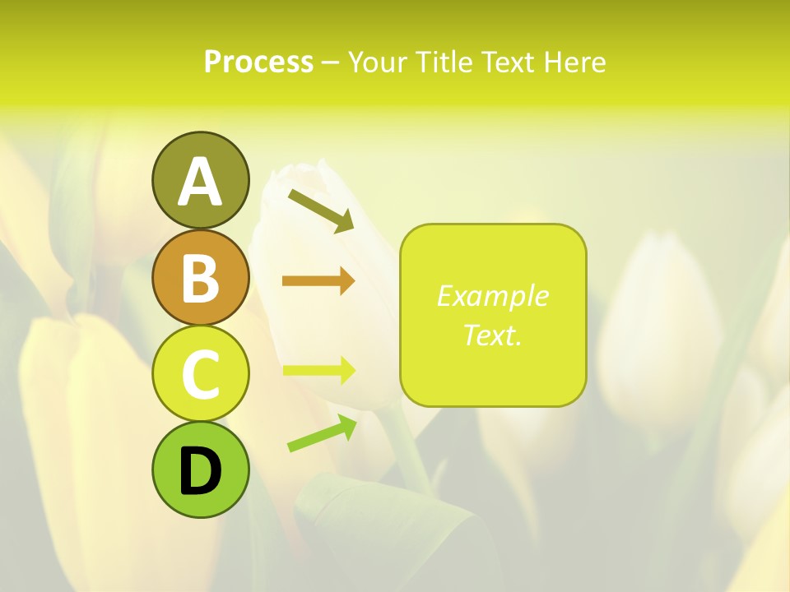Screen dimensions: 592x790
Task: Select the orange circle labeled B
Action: click(200, 277)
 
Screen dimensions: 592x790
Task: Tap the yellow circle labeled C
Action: click(200, 373)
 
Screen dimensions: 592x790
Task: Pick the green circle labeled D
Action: click(200, 469)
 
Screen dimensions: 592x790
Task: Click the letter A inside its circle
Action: click(200, 182)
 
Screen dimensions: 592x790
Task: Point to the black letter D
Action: click(200, 472)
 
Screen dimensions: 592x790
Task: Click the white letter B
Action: click(200, 278)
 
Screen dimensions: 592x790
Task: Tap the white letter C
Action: click(200, 374)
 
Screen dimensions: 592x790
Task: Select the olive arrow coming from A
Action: click(321, 209)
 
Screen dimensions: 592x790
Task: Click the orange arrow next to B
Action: click(318, 281)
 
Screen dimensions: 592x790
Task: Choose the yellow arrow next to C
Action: click(318, 370)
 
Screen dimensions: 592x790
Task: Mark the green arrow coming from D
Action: click(322, 433)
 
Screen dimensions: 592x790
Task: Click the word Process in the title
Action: click(258, 62)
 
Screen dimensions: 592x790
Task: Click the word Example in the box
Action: click(492, 296)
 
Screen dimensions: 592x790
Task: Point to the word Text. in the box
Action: click(492, 335)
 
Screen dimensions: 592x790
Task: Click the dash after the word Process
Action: click(330, 62)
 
